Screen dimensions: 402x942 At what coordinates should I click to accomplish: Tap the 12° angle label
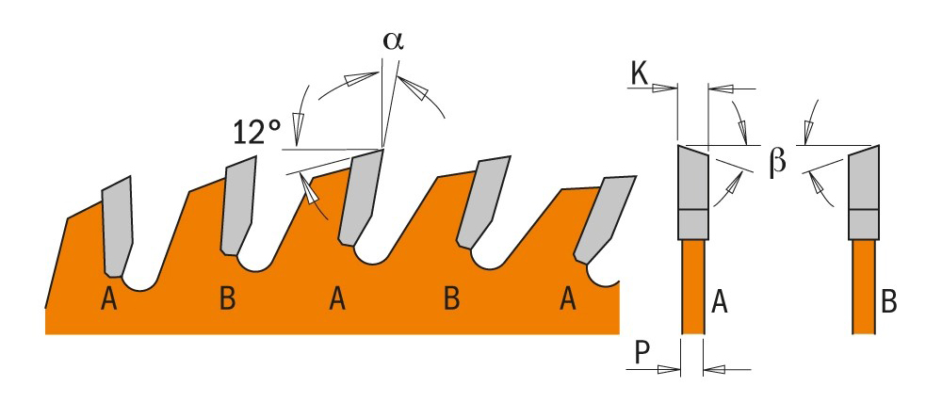click(257, 132)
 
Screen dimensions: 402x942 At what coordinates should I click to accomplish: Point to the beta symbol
click(777, 161)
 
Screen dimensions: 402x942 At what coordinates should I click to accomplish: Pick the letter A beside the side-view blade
click(720, 302)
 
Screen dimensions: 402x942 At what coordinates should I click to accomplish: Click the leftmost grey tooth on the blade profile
click(118, 221)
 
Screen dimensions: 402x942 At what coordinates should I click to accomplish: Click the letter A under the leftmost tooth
click(109, 300)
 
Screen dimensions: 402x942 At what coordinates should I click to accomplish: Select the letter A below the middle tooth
click(337, 300)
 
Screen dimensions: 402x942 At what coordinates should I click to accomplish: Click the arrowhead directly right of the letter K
click(667, 89)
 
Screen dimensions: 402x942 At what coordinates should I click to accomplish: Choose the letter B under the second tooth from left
click(226, 300)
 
